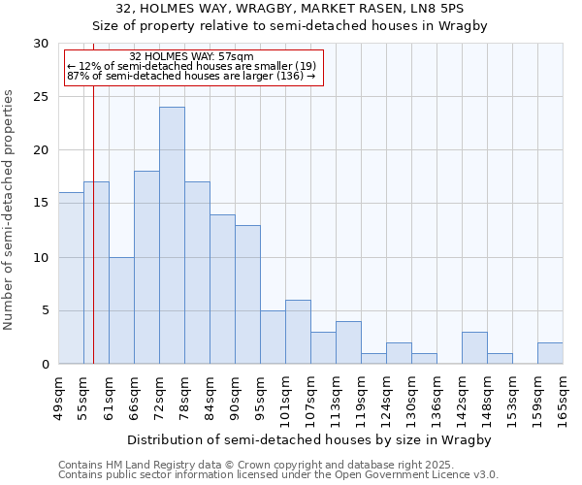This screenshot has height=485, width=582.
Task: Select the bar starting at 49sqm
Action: (x=71, y=277)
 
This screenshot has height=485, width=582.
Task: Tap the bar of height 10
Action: (x=121, y=310)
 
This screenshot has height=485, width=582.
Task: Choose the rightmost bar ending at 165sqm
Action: (x=550, y=353)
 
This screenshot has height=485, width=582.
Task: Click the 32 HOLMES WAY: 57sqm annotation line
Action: (x=191, y=56)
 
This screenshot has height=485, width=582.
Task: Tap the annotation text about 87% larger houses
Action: (x=191, y=76)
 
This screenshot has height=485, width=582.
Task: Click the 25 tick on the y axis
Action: (x=40, y=97)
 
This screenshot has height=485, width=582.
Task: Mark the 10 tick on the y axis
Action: (x=40, y=257)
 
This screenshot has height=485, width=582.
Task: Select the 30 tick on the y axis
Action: (x=40, y=44)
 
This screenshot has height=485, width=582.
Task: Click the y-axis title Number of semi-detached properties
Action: (x=10, y=209)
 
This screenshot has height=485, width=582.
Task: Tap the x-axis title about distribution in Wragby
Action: (x=309, y=440)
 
